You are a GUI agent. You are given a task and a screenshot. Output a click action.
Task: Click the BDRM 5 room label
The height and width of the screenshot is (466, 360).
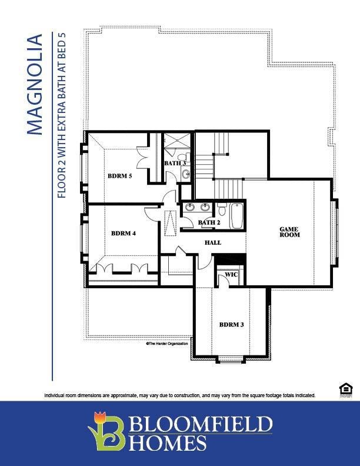[120, 175]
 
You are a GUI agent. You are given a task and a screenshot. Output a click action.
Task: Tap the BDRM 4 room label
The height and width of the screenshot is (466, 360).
[124, 233]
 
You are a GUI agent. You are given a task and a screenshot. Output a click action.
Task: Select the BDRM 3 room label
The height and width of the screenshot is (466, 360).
[232, 324]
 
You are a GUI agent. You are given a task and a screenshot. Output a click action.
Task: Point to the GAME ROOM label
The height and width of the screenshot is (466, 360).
[289, 232]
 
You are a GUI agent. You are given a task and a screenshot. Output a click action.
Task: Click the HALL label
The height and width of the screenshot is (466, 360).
[213, 242]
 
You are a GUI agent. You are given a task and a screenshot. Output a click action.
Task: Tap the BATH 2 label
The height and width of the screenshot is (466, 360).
[209, 222]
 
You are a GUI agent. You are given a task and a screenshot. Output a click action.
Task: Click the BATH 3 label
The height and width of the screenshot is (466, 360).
[175, 163]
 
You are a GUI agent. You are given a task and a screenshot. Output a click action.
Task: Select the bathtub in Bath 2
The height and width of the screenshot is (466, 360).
[236, 216]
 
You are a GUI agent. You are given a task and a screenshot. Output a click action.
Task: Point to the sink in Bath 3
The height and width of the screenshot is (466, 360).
[185, 174]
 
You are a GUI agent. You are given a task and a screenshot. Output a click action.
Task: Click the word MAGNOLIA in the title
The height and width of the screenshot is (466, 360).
[35, 85]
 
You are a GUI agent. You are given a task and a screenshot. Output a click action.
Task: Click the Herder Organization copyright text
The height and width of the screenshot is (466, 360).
[167, 344]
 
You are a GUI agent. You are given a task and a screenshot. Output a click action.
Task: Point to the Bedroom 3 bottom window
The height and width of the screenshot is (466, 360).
[232, 359]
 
